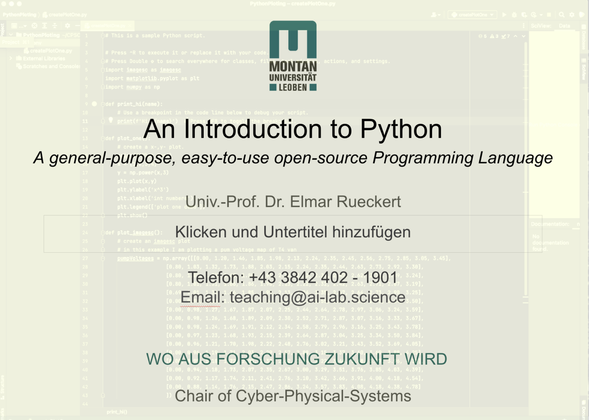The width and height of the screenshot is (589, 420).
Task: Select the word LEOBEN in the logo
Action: pyautogui.click(x=293, y=87)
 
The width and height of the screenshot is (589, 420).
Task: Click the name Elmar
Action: pyautogui.click(x=305, y=202)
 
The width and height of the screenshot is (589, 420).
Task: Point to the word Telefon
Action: pyautogui.click(x=216, y=277)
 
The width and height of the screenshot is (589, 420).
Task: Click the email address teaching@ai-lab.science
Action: pyautogui.click(x=318, y=297)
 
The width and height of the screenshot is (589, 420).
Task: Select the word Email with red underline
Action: pyautogui.click(x=202, y=297)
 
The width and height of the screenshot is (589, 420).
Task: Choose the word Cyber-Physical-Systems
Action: pyautogui.click(x=323, y=396)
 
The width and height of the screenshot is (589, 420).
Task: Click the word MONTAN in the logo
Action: pyautogui.click(x=293, y=66)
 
